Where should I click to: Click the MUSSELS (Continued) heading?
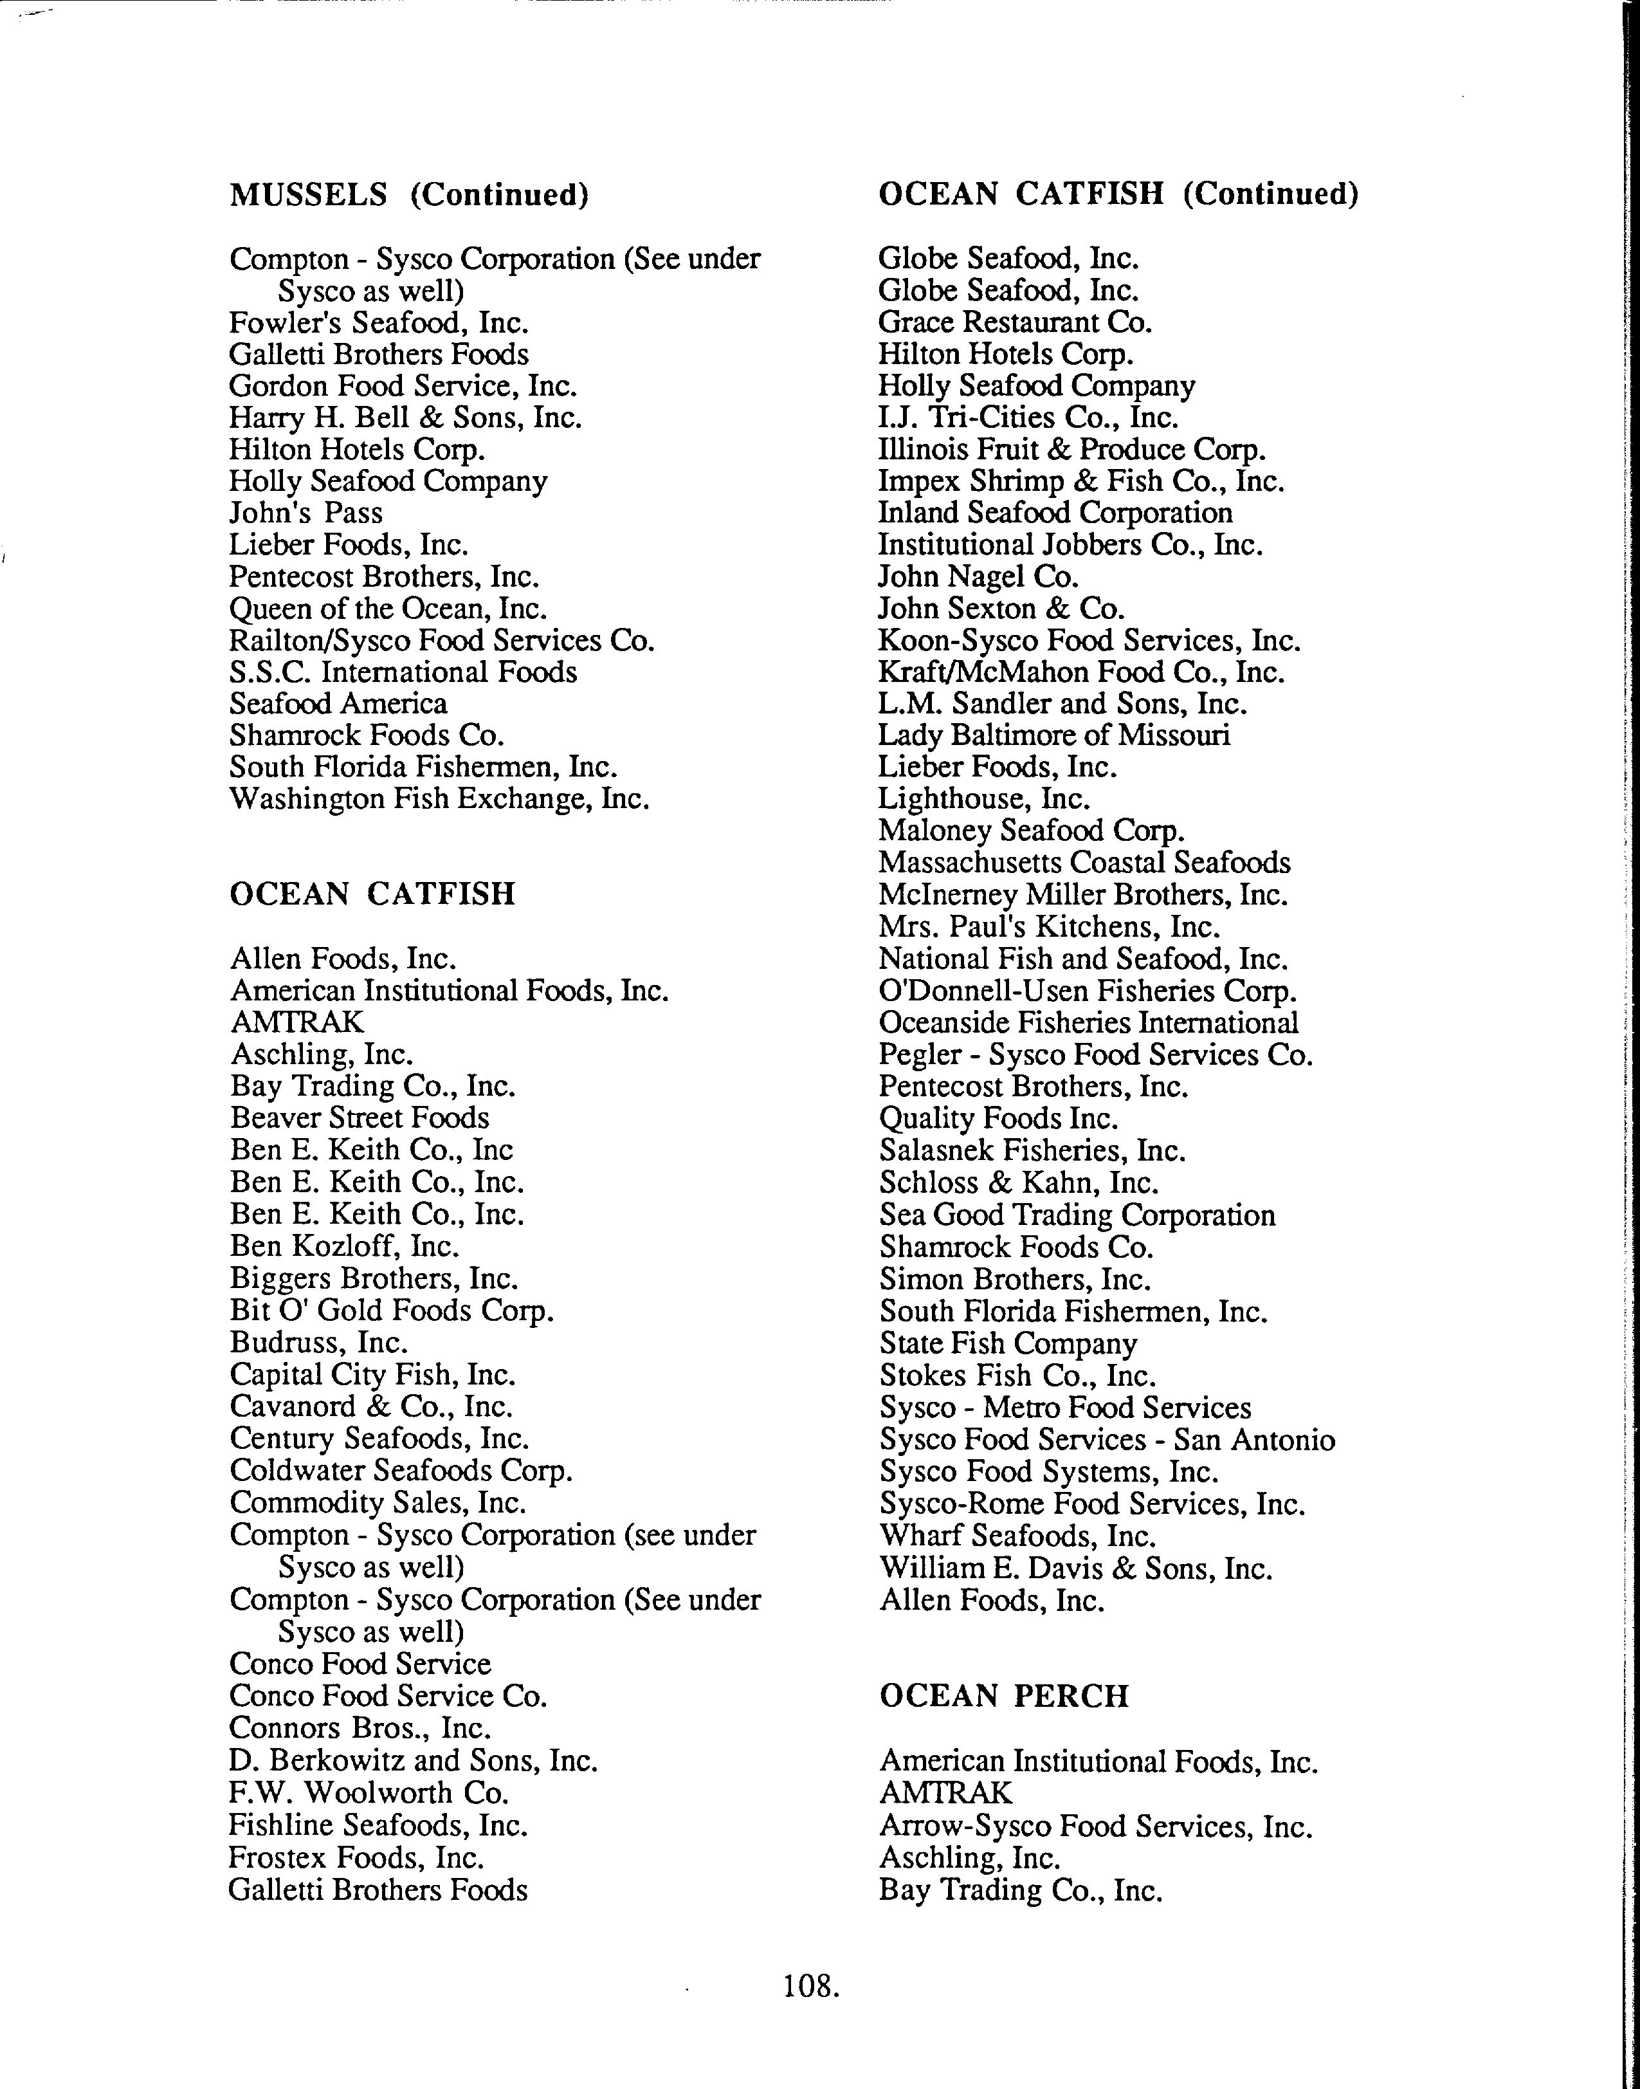coord(408,195)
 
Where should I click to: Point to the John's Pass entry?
coord(305,513)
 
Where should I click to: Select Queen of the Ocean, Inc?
coord(388,608)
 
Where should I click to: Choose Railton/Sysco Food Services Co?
coord(442,641)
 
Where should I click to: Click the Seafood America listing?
coord(338,704)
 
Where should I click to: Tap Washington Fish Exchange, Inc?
coord(439,799)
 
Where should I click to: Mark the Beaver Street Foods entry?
coord(359,1118)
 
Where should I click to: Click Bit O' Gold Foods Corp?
coord(392,1310)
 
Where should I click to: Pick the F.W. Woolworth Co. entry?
coord(369,1792)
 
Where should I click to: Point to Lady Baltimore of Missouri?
coord(1053,736)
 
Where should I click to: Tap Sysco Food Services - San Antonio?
coord(1106,1440)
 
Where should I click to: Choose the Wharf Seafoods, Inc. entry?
coord(1017,1536)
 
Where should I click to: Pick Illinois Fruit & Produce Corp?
coord(1071,450)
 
